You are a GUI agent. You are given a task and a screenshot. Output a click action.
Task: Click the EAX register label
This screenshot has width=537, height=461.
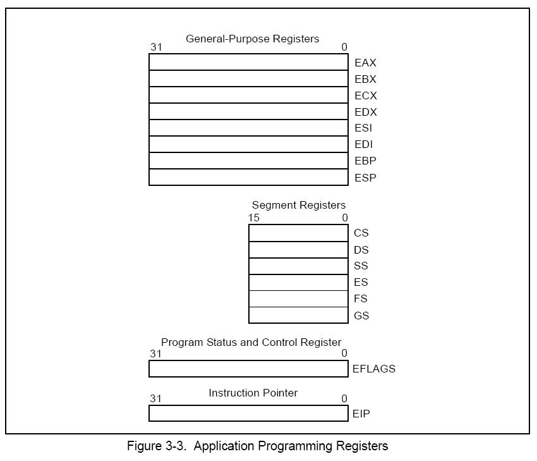pos(365,63)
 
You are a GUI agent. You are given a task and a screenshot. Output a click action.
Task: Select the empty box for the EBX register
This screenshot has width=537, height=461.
pos(249,78)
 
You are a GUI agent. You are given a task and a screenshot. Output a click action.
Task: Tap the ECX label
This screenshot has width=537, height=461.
pos(366,95)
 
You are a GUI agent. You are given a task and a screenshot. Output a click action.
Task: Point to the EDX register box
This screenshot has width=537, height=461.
pos(249,111)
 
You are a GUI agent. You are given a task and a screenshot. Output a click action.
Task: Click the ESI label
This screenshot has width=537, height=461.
pos(363,128)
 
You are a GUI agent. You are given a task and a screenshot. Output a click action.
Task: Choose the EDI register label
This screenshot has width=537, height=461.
pos(364,144)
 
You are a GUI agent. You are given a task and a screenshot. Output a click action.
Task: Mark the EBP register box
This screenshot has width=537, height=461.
pos(249,161)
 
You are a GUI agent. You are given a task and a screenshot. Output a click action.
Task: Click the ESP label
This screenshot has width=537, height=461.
pos(365,178)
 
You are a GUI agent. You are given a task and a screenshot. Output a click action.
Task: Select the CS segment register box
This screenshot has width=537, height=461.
pos(299,233)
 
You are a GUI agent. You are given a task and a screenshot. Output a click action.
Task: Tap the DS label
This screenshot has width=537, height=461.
pos(361,250)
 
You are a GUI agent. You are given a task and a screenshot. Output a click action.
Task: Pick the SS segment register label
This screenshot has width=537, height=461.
pos(361,266)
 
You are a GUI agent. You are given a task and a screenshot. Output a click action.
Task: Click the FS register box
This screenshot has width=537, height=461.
pos(299,299)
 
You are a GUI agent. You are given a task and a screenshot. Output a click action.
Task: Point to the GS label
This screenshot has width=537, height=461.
pos(361,316)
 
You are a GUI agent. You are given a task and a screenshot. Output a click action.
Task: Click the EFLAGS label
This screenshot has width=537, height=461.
pos(374,369)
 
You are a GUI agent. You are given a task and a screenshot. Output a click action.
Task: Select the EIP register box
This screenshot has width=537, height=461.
pos(249,414)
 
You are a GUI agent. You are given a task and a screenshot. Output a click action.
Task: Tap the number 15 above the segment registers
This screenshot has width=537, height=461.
pos(254,218)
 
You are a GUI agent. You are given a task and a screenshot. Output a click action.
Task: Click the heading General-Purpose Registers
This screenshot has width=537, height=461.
pos(253,39)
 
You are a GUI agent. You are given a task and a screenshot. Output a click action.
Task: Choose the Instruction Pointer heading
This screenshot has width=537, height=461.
pos(253,393)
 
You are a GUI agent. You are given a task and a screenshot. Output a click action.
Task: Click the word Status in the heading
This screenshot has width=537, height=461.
pos(222,342)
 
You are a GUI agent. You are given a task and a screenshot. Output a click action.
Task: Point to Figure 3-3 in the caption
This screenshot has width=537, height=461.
pos(157,446)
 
